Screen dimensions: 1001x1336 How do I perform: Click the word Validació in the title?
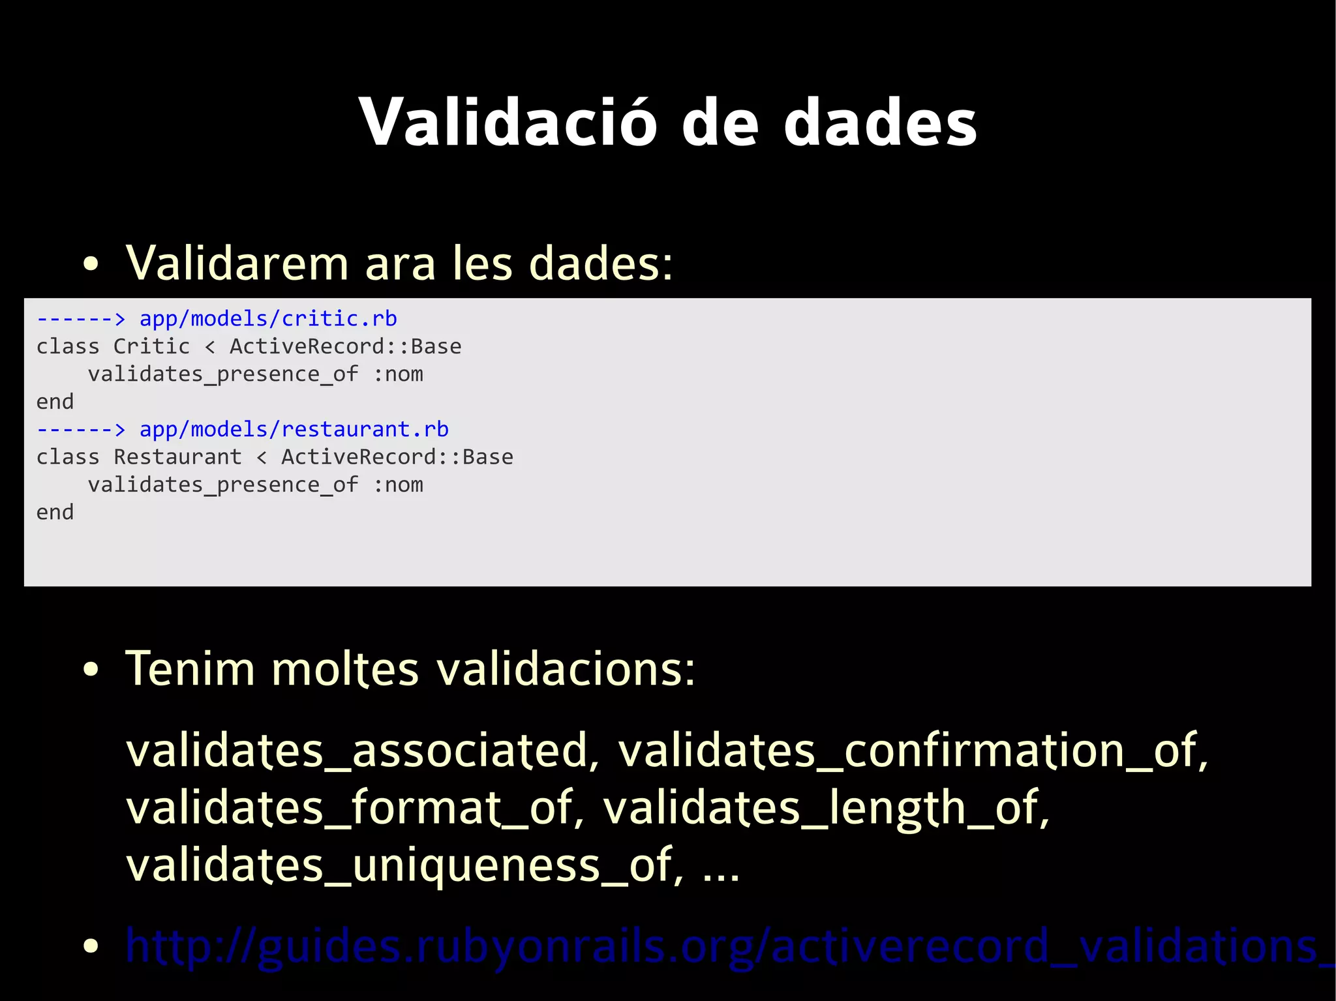pyautogui.click(x=508, y=123)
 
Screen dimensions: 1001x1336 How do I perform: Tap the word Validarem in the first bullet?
pyautogui.click(x=237, y=263)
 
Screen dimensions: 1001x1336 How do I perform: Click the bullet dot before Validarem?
pyautogui.click(x=91, y=264)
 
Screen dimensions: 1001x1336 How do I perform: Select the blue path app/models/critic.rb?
pyautogui.click(x=268, y=319)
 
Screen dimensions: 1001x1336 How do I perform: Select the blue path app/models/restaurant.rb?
pyautogui.click(x=294, y=430)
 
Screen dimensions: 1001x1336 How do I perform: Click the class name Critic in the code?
pyautogui.click(x=151, y=346)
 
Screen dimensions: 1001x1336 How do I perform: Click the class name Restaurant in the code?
pyautogui.click(x=177, y=457)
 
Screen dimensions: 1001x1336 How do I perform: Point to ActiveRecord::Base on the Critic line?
pyautogui.click(x=345, y=346)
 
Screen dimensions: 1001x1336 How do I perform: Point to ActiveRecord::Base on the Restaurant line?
pyautogui.click(x=397, y=457)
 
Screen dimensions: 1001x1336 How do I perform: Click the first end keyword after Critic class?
pyautogui.click(x=55, y=402)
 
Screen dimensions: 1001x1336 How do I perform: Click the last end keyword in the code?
pyautogui.click(x=55, y=513)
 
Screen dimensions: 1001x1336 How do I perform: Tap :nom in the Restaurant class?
pyautogui.click(x=397, y=485)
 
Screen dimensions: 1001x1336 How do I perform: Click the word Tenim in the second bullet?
pyautogui.click(x=190, y=669)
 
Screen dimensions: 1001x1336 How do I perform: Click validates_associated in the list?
pyautogui.click(x=362, y=751)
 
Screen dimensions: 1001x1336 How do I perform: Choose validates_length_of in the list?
pyautogui.click(x=825, y=808)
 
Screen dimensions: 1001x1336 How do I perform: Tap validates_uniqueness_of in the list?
pyautogui.click(x=404, y=865)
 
